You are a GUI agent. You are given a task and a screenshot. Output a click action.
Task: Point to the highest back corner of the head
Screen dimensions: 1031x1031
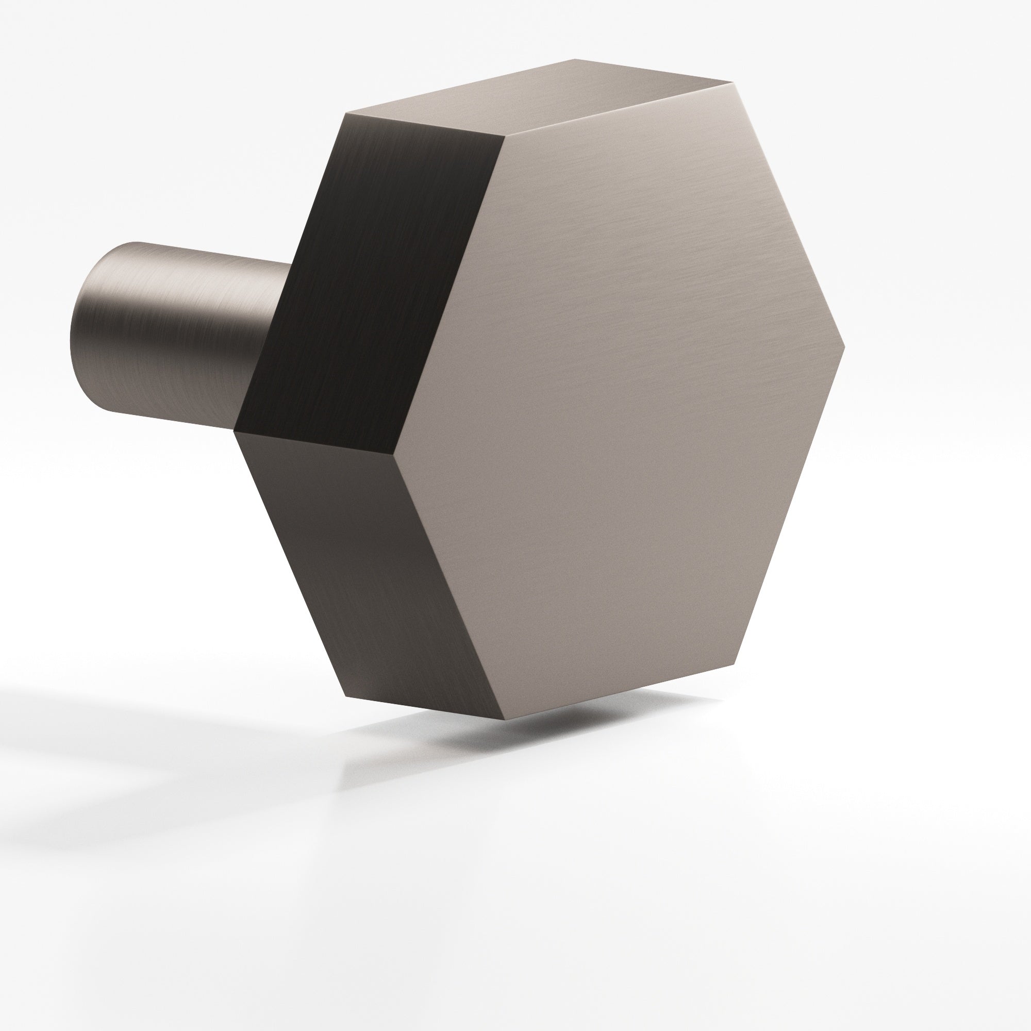coord(575,59)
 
